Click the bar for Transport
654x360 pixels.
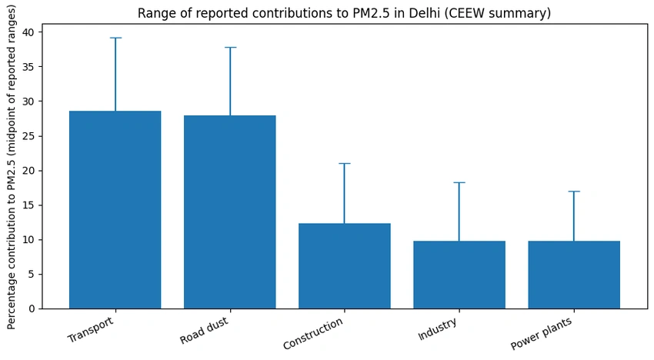click(115, 210)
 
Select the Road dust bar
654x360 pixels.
click(230, 212)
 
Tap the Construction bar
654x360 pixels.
click(345, 266)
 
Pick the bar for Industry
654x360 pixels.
click(459, 275)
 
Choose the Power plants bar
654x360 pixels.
click(574, 275)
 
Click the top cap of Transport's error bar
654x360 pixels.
click(115, 38)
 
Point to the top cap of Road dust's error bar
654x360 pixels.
click(230, 48)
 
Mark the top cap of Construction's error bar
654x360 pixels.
click(345, 164)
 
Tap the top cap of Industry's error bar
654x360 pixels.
click(459, 183)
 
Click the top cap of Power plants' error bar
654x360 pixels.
click(574, 192)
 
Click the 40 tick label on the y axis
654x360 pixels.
click(31, 32)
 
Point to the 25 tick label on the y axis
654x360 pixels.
click(31, 136)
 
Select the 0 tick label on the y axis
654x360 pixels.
click(33, 309)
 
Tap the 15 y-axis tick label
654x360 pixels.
click(31, 205)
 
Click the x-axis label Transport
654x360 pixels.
click(91, 329)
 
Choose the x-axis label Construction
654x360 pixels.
click(313, 334)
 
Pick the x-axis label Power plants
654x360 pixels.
click(541, 334)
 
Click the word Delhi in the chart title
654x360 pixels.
click(424, 13)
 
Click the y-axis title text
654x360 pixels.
click(12, 167)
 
